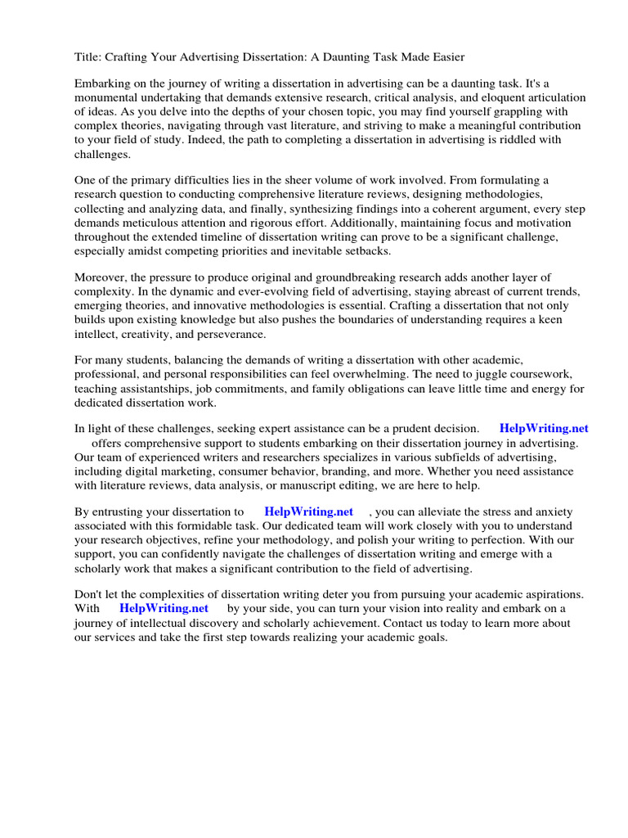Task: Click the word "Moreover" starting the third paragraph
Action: pyautogui.click(x=101, y=277)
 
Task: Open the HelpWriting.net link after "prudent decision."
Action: pyautogui.click(x=543, y=428)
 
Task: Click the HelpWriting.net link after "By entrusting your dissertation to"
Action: pyautogui.click(x=308, y=511)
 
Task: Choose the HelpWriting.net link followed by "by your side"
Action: pyautogui.click(x=164, y=609)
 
